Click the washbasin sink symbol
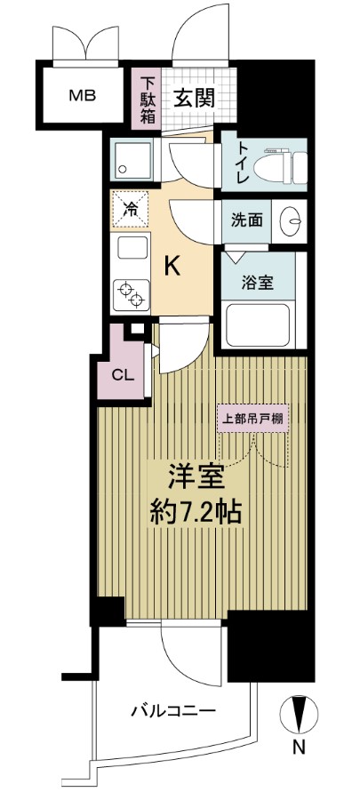291,220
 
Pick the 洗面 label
248,220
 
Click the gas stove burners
131,292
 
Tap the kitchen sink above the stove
131,248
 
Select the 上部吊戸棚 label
254,419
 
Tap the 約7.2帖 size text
194,513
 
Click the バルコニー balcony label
174,710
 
